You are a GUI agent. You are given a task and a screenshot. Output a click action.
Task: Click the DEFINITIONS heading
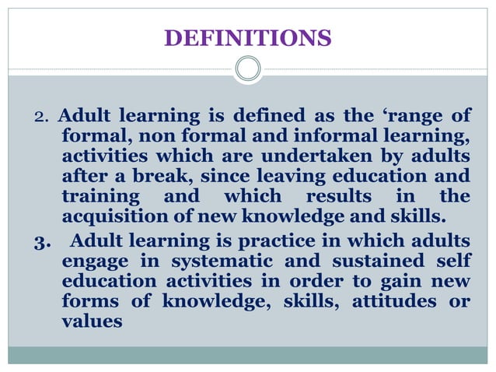click(248, 37)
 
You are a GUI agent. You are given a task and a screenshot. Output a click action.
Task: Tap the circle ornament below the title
click(248, 69)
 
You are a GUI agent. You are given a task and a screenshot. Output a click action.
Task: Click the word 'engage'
click(94, 260)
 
